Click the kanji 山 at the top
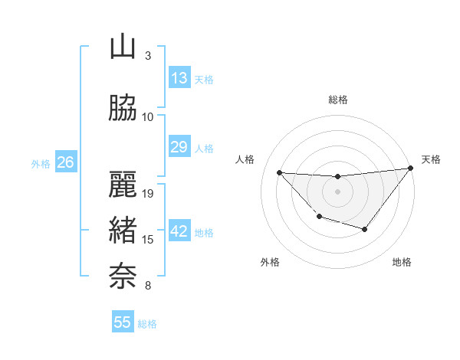coord(123,47)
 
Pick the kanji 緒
coord(123,231)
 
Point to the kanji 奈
coord(123,277)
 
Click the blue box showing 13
coord(179,78)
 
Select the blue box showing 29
coord(179,148)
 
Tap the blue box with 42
coord(179,232)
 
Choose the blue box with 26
coord(65,162)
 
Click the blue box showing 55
coord(123,322)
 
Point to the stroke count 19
coord(149,194)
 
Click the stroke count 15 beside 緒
coord(149,240)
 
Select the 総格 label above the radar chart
coord(338,100)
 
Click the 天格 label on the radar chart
coord(431,159)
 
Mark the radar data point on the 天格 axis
coord(410,169)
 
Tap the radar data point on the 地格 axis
coord(365,229)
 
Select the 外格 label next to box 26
coord(40,163)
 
